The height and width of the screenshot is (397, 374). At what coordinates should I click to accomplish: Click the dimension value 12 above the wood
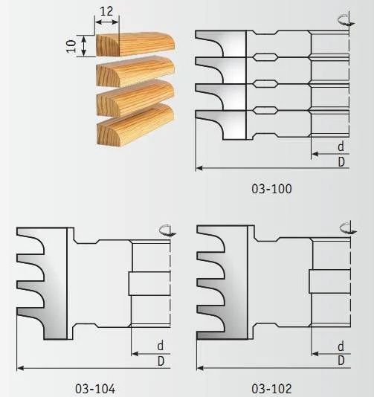(106, 11)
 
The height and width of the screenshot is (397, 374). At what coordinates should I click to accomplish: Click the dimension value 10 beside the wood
(71, 46)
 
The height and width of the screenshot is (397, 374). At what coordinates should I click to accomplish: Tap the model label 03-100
(271, 189)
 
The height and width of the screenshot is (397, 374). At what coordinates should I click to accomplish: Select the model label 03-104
(95, 389)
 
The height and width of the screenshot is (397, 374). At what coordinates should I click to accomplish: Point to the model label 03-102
(271, 389)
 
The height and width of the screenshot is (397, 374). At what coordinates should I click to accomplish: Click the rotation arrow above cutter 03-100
(346, 20)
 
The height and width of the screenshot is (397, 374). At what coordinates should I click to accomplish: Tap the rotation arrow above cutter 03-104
(167, 230)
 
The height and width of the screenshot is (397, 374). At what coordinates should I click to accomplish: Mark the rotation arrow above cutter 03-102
(348, 228)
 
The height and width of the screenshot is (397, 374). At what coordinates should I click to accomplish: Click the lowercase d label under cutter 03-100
(341, 146)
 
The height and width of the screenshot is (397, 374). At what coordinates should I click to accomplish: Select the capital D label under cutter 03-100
(341, 161)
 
